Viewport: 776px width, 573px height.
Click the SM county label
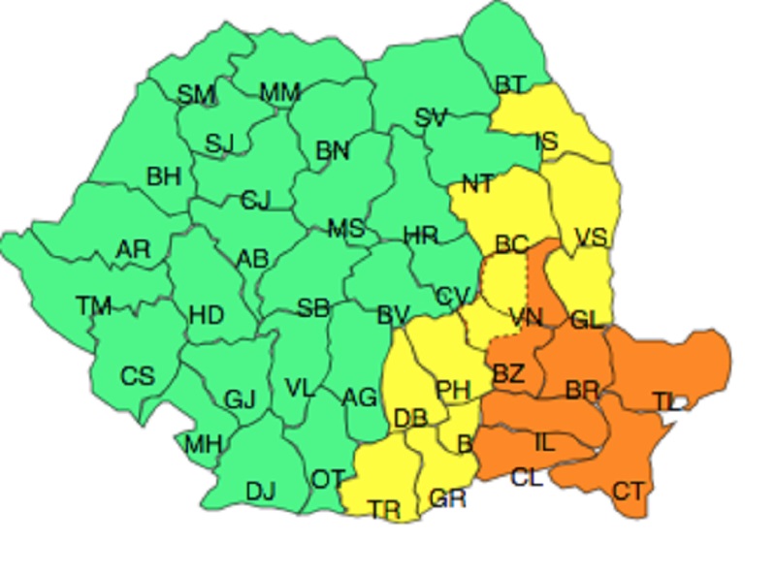click(x=196, y=94)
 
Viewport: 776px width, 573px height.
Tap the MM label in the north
click(x=279, y=93)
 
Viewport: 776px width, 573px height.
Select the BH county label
click(x=164, y=176)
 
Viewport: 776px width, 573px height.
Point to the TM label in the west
click(x=94, y=306)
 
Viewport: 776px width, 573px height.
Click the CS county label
click(x=137, y=376)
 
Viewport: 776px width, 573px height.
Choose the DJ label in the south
click(x=261, y=492)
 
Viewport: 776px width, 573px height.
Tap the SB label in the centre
click(x=313, y=309)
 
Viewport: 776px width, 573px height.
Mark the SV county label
click(x=431, y=118)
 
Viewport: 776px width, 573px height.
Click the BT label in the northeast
click(x=510, y=85)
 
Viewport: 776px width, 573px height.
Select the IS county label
click(x=546, y=142)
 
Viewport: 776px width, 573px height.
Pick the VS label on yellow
click(x=591, y=238)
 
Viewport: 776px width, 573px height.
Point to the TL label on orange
click(x=666, y=400)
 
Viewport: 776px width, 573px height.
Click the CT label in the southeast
click(x=628, y=491)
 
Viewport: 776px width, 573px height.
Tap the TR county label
click(x=384, y=511)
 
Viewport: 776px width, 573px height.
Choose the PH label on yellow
click(x=452, y=390)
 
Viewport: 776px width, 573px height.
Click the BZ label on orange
click(x=508, y=373)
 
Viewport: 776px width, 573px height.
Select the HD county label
click(x=206, y=315)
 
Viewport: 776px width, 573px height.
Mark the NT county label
click(x=476, y=184)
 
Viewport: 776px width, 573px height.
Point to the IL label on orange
click(x=545, y=442)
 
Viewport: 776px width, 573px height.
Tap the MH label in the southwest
click(x=204, y=445)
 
